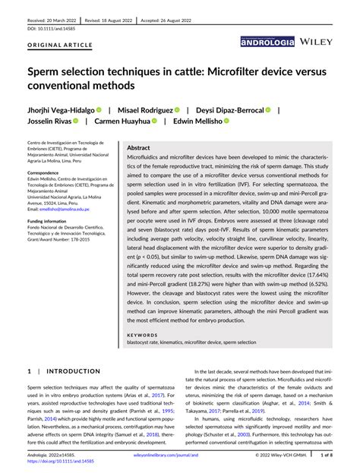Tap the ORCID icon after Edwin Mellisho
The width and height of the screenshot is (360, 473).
coord(225,121)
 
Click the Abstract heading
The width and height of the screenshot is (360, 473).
coord(138,148)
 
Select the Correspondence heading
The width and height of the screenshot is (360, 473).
coord(46,173)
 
